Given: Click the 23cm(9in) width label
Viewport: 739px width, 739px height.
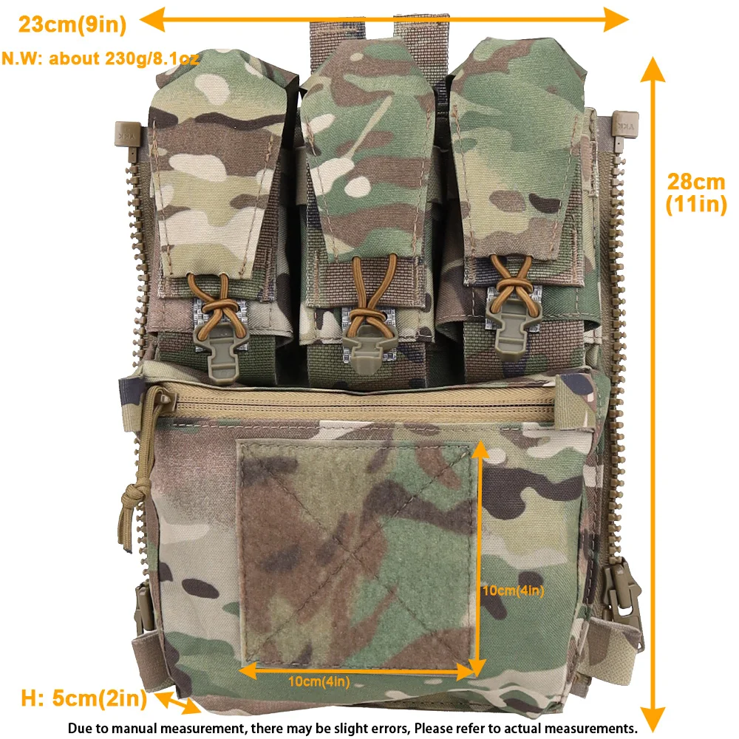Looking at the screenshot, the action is [72, 24].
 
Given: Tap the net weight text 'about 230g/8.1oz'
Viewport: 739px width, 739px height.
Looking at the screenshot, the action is [124, 58].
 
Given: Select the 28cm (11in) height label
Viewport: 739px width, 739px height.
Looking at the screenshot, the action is [696, 193].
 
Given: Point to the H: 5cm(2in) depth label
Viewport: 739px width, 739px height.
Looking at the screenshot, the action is [84, 698].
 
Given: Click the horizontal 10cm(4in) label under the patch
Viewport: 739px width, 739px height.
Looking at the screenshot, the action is [319, 681].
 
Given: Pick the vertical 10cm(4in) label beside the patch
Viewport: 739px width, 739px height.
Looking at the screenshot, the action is [514, 590].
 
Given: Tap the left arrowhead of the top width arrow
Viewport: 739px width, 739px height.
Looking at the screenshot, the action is [151, 20].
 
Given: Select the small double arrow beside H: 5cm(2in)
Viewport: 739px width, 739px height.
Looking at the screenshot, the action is [177, 703].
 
